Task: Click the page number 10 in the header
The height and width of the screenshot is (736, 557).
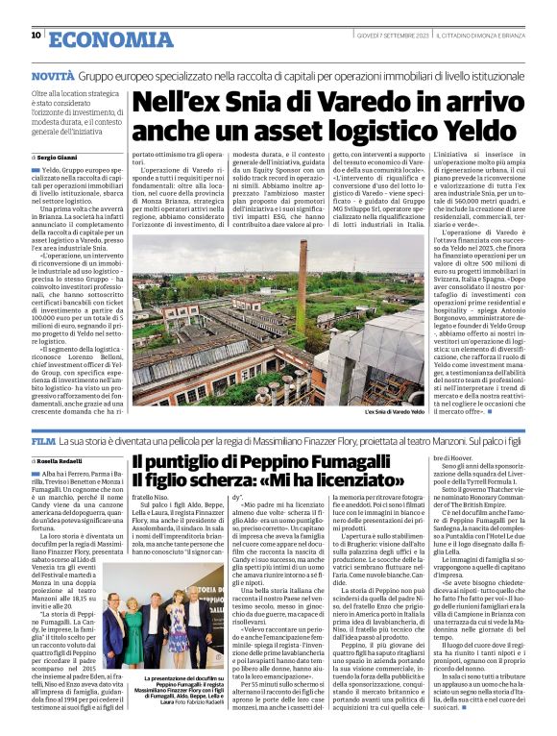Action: tap(36, 35)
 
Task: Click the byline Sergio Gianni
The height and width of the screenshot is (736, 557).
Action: tap(61, 156)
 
